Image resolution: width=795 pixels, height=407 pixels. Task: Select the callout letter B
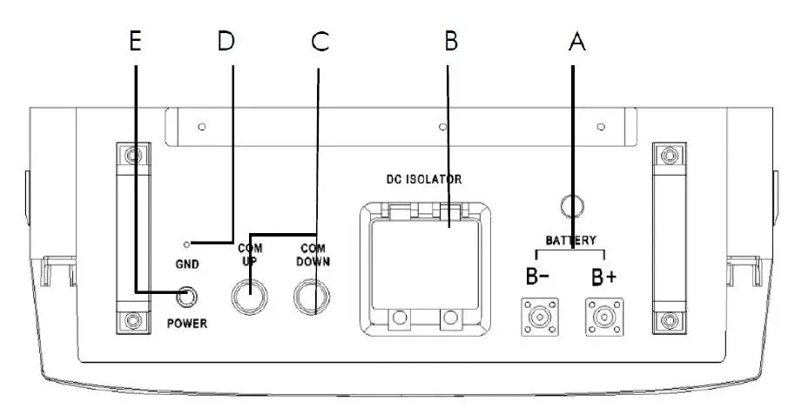(449, 43)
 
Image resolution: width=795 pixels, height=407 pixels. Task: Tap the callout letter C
(320, 43)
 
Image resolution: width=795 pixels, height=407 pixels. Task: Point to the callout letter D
(226, 43)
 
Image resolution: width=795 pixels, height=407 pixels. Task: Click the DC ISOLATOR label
(423, 180)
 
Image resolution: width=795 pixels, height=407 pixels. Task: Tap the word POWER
(188, 324)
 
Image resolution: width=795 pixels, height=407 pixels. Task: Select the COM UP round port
(249, 296)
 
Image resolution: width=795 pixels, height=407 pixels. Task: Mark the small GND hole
(186, 244)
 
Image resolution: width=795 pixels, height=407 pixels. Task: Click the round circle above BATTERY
(570, 205)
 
